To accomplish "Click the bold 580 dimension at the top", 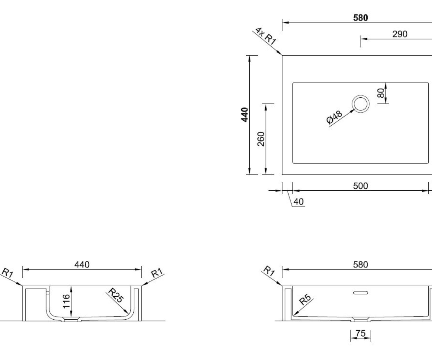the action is [360, 18].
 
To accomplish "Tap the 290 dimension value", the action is [400, 34].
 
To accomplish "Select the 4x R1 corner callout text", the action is [266, 36].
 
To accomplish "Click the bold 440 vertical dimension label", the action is [245, 115].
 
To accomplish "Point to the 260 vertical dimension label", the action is [261, 139].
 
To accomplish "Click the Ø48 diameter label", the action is [334, 117].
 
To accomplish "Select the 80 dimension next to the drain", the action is [381, 93].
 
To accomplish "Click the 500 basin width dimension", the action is [360, 186].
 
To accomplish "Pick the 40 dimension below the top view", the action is [299, 202].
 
